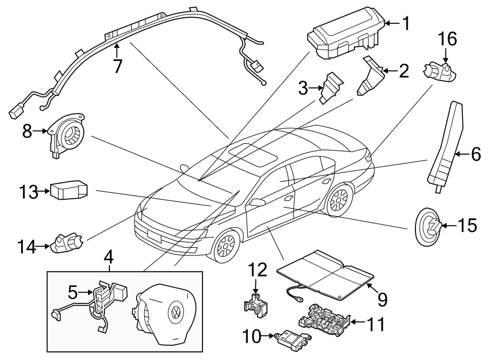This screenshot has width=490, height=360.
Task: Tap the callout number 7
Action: click(117, 65)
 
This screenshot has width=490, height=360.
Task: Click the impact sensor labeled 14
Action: click(66, 243)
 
